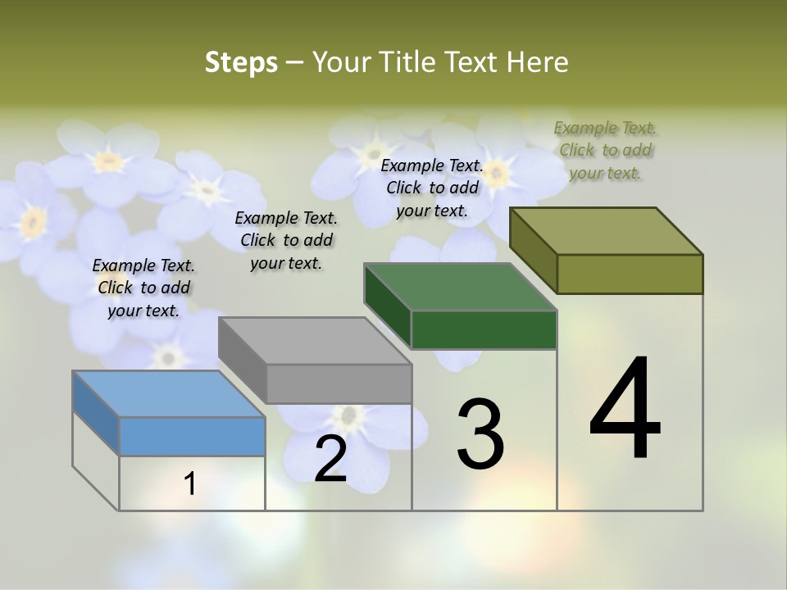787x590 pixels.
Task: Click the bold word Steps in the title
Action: [241, 62]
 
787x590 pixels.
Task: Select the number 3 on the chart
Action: [480, 434]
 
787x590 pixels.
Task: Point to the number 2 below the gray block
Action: [330, 459]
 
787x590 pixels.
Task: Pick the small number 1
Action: [190, 484]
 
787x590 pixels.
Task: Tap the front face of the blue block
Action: [192, 436]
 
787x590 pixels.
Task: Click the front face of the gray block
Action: [339, 383]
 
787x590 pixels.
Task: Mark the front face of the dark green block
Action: [484, 329]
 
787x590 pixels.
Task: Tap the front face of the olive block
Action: [630, 274]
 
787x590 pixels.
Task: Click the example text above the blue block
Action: [143, 288]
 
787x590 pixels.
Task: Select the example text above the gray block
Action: [286, 240]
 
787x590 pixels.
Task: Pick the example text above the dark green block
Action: [432, 188]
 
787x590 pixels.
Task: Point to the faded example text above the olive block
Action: [605, 150]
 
